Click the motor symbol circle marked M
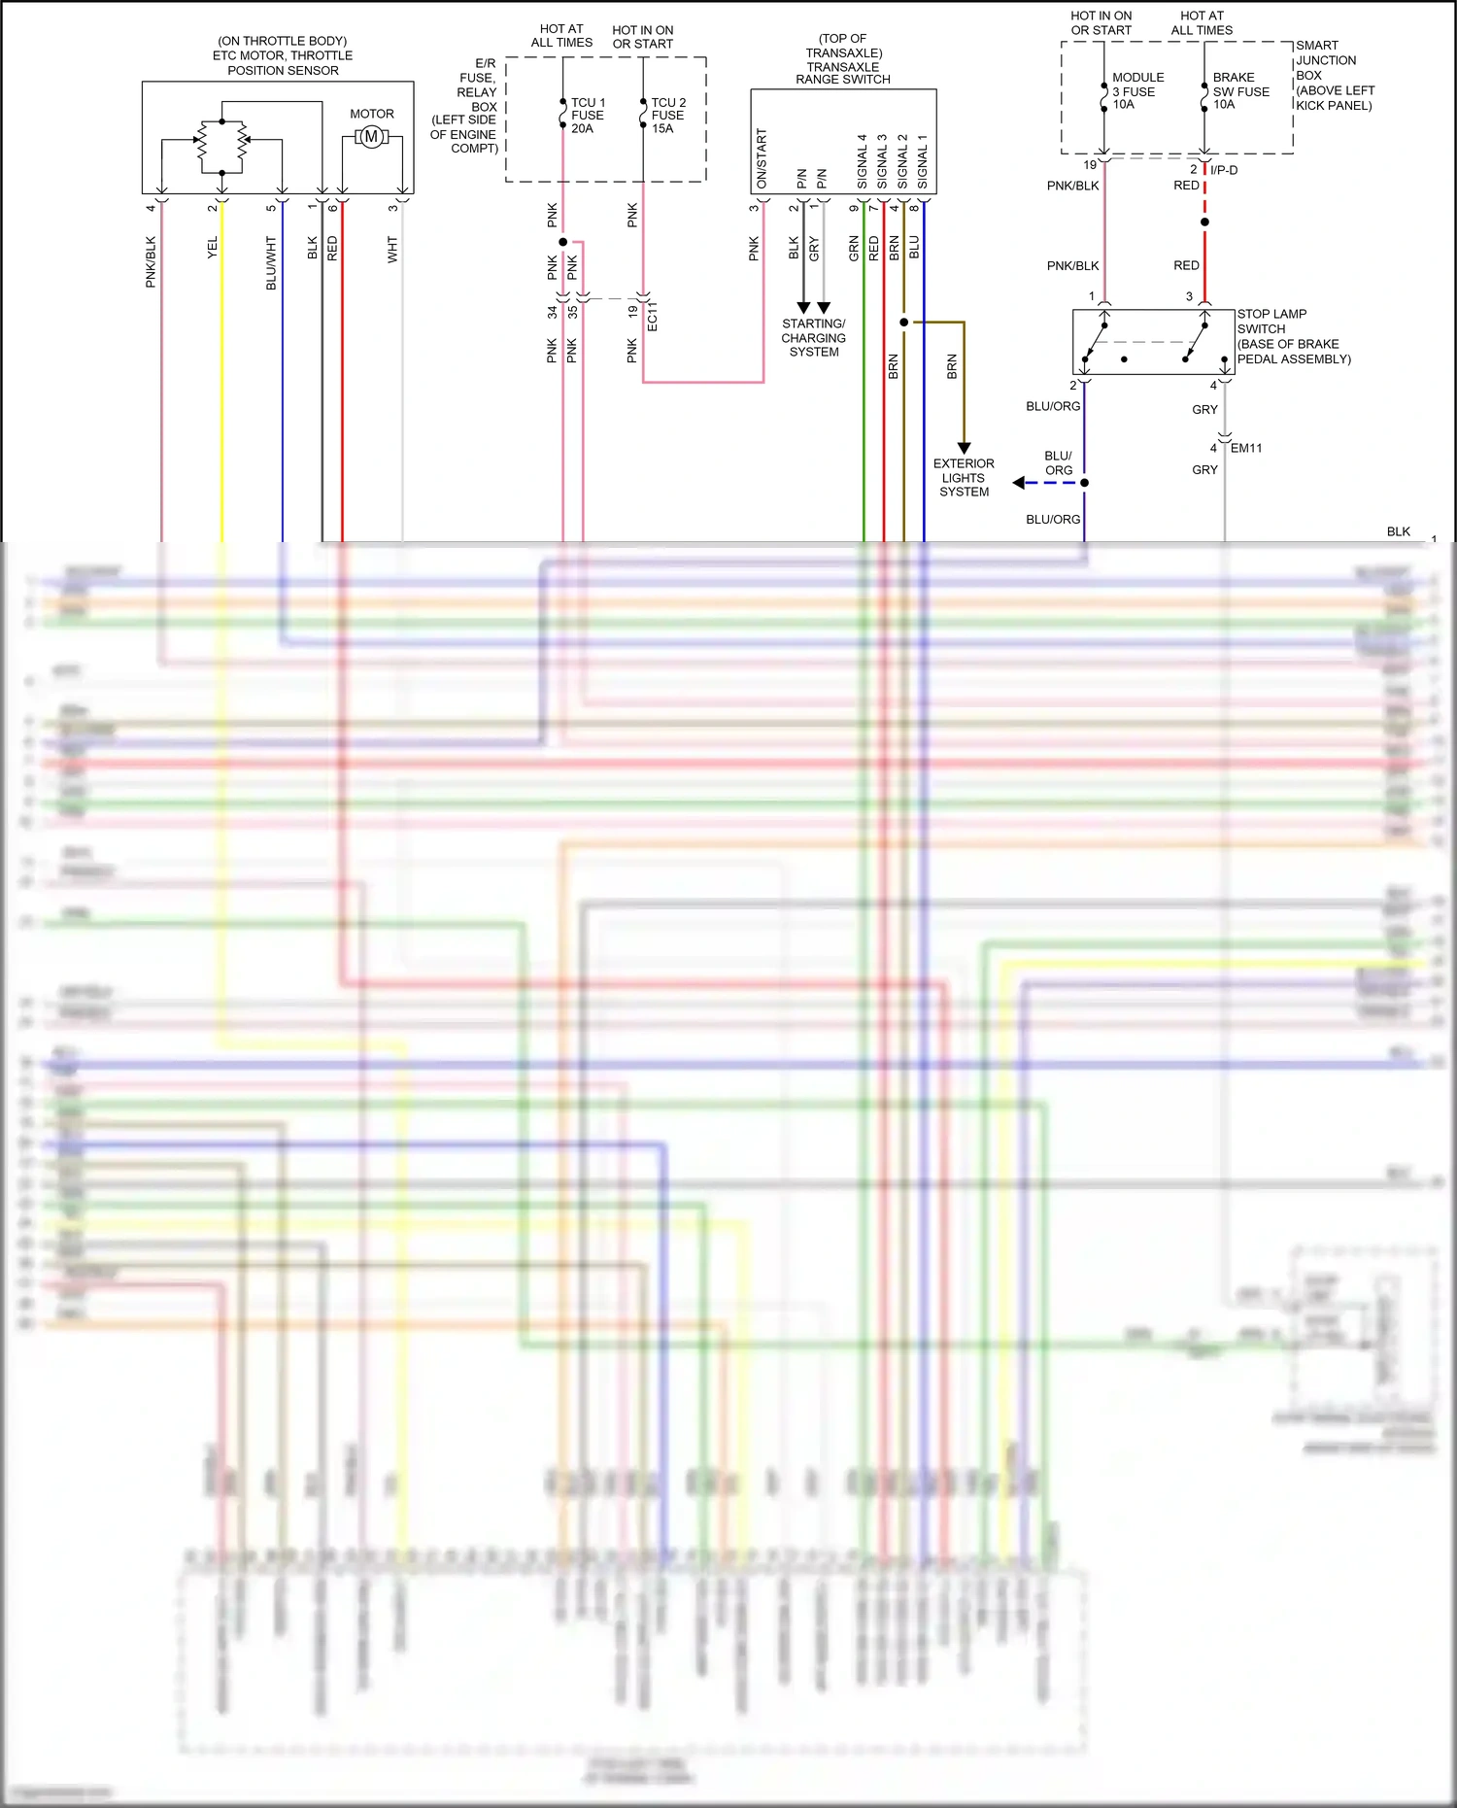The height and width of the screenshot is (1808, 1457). [x=371, y=137]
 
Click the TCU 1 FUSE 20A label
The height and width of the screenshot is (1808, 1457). [x=587, y=116]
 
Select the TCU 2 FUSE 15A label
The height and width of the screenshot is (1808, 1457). [x=667, y=116]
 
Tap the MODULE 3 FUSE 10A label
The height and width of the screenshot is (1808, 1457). [x=1136, y=91]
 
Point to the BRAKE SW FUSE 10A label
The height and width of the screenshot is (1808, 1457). [x=1240, y=91]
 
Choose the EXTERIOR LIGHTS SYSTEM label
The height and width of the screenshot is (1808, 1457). [x=964, y=478]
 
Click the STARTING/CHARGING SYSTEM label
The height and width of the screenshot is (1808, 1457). [x=814, y=338]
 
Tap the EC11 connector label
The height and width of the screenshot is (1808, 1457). [x=653, y=316]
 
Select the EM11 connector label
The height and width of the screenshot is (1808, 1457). [x=1246, y=448]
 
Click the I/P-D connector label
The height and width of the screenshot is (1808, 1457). [x=1224, y=170]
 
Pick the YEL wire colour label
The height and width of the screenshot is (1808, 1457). [x=213, y=248]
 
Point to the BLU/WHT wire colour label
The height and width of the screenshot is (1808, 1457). [x=271, y=262]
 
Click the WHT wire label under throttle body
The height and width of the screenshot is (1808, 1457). [x=392, y=250]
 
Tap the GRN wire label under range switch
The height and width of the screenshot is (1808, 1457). [x=854, y=248]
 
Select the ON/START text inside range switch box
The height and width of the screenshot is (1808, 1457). [x=762, y=159]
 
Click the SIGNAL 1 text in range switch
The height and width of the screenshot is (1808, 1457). [x=923, y=161]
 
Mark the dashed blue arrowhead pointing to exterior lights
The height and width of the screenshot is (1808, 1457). [x=1018, y=482]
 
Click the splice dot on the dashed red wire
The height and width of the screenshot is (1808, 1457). [x=1204, y=222]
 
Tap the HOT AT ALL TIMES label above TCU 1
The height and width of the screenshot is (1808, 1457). [x=561, y=36]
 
